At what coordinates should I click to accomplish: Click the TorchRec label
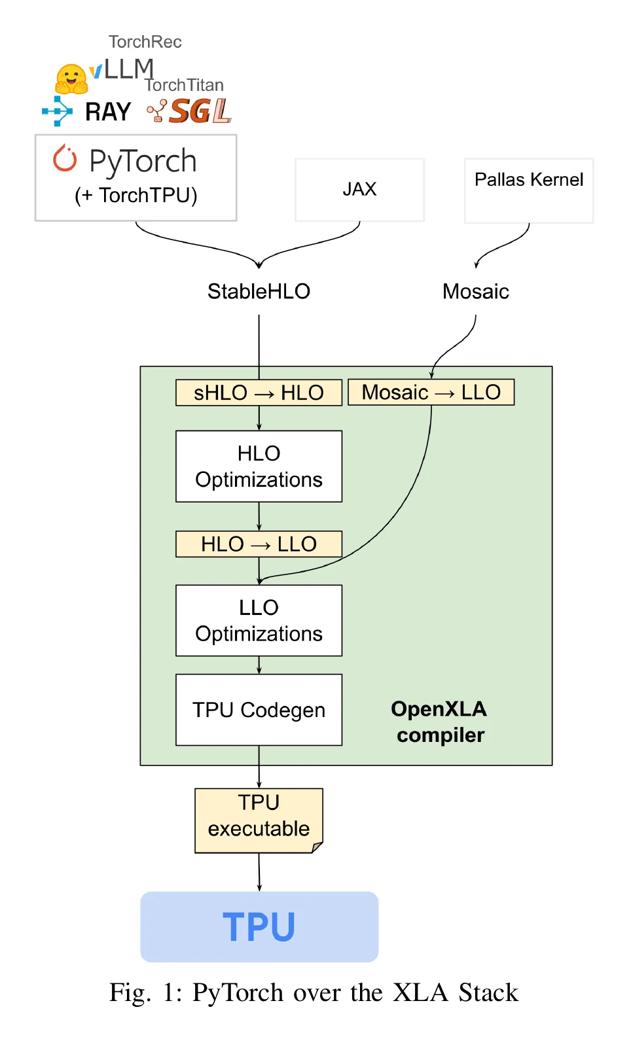pos(145,42)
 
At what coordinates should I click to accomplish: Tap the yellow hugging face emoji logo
pos(71,79)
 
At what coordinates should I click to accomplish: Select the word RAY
pos(108,112)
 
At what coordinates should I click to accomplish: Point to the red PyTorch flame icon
pos(64,158)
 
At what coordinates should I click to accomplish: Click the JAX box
pos(359,190)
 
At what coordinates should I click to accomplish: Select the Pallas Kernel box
pos(529,191)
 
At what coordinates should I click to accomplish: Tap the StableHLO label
pos(259,291)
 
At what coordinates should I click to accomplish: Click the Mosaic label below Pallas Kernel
pos(476,291)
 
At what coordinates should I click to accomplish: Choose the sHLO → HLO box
pos(259,393)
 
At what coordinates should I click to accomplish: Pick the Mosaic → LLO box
pos(431,392)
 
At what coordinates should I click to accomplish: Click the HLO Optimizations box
pos(259,466)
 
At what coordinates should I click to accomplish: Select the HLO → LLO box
pos(259,544)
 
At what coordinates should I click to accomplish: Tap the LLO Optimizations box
pos(259,620)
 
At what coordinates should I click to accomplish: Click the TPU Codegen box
pos(259,710)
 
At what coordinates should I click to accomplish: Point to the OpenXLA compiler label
pos(439,722)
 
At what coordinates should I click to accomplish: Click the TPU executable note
pos(259,820)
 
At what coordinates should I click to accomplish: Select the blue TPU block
pos(259,927)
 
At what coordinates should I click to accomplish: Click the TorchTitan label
pos(185,85)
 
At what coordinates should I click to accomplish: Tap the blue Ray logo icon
pos(58,111)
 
